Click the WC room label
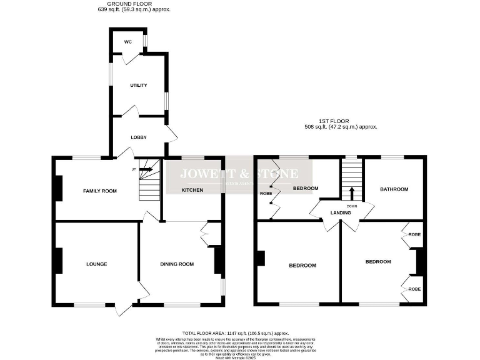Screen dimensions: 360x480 (x=128, y=42)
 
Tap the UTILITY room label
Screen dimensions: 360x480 (x=138, y=85)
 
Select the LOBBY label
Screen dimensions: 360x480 (x=138, y=137)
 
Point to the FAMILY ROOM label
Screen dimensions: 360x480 (x=100, y=190)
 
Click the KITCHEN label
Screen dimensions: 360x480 (x=192, y=189)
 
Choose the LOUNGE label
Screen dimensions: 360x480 (x=97, y=264)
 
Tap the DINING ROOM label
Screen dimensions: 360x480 (x=177, y=264)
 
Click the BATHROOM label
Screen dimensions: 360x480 (x=394, y=189)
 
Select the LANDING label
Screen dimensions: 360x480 (x=341, y=212)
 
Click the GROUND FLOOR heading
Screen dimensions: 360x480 (x=134, y=4)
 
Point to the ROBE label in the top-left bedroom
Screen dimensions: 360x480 (x=266, y=194)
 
